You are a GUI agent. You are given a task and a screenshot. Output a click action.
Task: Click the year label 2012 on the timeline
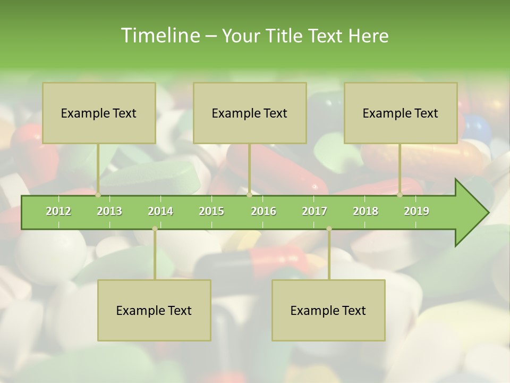[58, 211]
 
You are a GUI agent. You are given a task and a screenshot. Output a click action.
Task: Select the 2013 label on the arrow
[109, 211]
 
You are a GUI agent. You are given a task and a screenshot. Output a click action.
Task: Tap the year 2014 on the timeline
[160, 211]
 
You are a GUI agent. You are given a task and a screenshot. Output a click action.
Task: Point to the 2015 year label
[211, 211]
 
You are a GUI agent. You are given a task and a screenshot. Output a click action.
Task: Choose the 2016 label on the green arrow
[263, 211]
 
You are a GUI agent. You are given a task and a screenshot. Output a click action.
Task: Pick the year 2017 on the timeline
[314, 211]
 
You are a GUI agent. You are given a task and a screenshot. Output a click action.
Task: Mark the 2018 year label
[365, 211]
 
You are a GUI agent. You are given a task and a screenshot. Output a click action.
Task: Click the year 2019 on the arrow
[416, 211]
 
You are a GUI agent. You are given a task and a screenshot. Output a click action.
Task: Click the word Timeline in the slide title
[159, 36]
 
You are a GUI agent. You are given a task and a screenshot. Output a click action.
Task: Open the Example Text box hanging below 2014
[154, 310]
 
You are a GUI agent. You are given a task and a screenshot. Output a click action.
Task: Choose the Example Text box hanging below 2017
[328, 310]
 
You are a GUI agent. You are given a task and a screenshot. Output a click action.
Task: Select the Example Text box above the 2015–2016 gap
[250, 113]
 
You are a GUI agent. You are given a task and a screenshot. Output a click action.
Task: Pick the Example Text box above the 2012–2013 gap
[99, 113]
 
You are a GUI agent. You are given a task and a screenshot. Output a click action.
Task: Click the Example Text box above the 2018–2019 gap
[401, 113]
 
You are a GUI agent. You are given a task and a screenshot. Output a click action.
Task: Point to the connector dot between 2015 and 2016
[249, 195]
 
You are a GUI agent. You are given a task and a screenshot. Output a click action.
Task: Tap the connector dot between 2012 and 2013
[98, 195]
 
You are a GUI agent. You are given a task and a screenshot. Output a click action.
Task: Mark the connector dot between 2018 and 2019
[400, 195]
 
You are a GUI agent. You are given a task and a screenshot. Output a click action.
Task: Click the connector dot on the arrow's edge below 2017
[329, 229]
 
